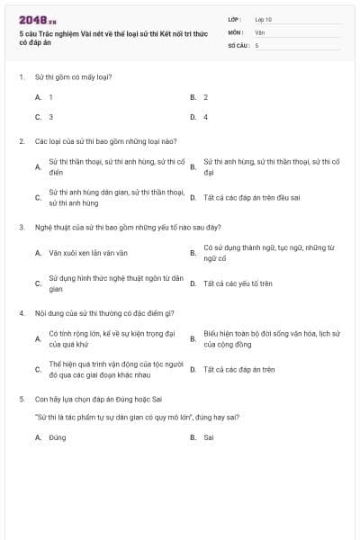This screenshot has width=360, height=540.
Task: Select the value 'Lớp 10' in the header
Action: pos(263,19)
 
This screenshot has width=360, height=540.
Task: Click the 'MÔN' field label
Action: pos(236,31)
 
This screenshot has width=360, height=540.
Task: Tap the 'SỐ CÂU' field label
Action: pos(238,44)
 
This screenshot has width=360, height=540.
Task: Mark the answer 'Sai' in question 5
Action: pos(208,437)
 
